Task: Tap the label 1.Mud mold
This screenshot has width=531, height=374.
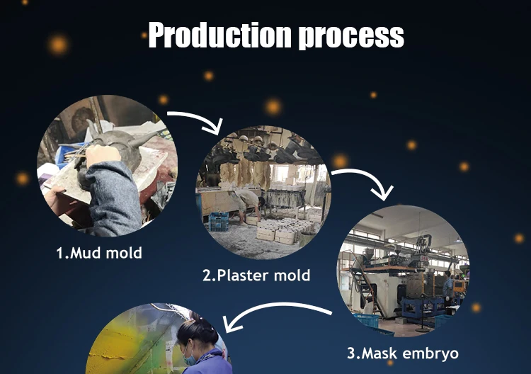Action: (99, 253)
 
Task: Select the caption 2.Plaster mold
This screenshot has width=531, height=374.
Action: (256, 276)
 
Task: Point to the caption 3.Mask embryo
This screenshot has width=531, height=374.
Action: (403, 353)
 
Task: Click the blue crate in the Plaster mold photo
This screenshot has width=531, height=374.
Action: (219, 224)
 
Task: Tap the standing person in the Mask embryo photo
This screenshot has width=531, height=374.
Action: (447, 287)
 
